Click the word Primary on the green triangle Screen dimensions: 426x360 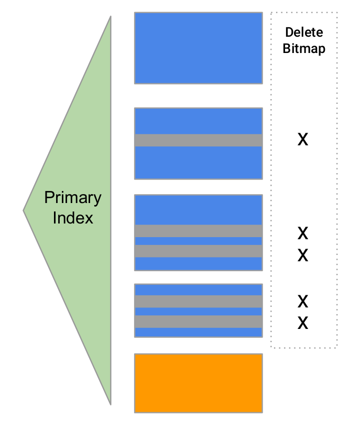click(72, 198)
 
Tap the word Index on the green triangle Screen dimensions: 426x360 click(73, 218)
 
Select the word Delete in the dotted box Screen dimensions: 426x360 click(303, 32)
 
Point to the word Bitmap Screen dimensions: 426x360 click(303, 49)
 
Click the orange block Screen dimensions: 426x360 click(198, 383)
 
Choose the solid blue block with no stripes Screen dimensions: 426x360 click(198, 48)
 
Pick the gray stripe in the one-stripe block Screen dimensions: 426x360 click(198, 140)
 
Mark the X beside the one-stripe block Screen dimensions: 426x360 click(303, 140)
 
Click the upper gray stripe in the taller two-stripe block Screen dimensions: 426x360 click(198, 231)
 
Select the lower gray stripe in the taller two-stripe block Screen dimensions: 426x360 click(198, 251)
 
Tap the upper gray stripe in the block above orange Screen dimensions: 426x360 click(198, 301)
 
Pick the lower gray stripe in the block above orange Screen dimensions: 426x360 click(198, 322)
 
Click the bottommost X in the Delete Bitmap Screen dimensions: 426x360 click(303, 323)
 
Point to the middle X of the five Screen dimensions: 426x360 click(303, 255)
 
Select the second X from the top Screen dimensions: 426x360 click(303, 232)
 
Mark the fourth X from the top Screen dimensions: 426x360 click(303, 302)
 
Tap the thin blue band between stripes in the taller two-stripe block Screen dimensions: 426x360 click(198, 241)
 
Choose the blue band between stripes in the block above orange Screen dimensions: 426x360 click(198, 312)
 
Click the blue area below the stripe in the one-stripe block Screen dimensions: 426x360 click(198, 163)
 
